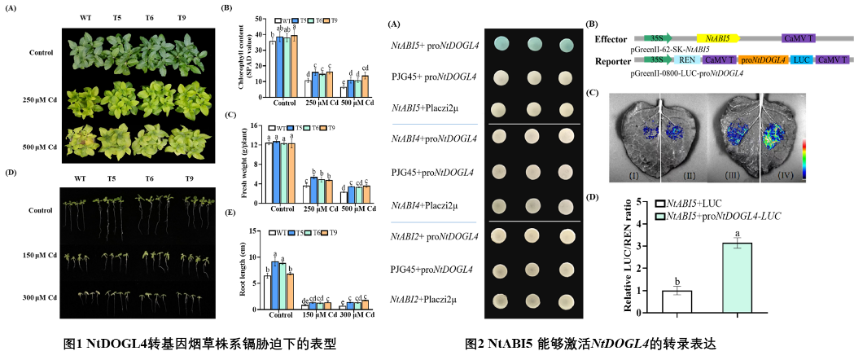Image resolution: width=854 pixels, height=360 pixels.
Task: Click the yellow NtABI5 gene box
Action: (x=717, y=38)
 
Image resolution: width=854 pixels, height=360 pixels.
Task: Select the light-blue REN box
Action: (x=687, y=59)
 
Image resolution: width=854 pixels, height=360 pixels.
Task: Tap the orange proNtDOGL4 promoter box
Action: (x=763, y=59)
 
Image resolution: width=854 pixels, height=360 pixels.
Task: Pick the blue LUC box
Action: (x=801, y=59)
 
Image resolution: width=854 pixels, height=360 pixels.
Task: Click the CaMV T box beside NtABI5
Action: (x=799, y=38)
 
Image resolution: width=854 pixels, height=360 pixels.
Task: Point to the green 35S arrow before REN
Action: (x=657, y=59)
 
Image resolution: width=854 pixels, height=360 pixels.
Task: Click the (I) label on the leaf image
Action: (x=634, y=176)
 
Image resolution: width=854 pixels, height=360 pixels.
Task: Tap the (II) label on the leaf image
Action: (x=690, y=176)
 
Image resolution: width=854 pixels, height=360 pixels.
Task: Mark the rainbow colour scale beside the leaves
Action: (x=804, y=159)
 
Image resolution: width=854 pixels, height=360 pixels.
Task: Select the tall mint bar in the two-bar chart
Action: (x=737, y=278)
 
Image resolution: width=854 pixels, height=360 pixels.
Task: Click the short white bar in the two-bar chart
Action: (x=677, y=301)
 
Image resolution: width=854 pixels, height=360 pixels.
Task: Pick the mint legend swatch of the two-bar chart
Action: (x=660, y=217)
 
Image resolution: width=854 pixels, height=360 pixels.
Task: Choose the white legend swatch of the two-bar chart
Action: (x=660, y=204)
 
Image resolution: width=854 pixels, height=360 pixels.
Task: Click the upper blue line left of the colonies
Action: (x=435, y=125)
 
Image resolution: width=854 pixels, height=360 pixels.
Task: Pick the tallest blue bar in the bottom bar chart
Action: (x=275, y=285)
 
